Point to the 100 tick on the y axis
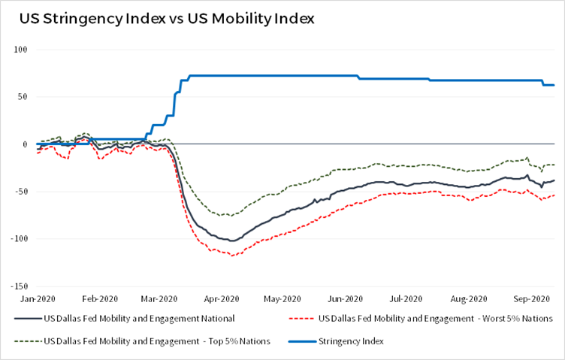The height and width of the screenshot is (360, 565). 21,50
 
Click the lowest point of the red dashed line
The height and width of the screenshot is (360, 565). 232,256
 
